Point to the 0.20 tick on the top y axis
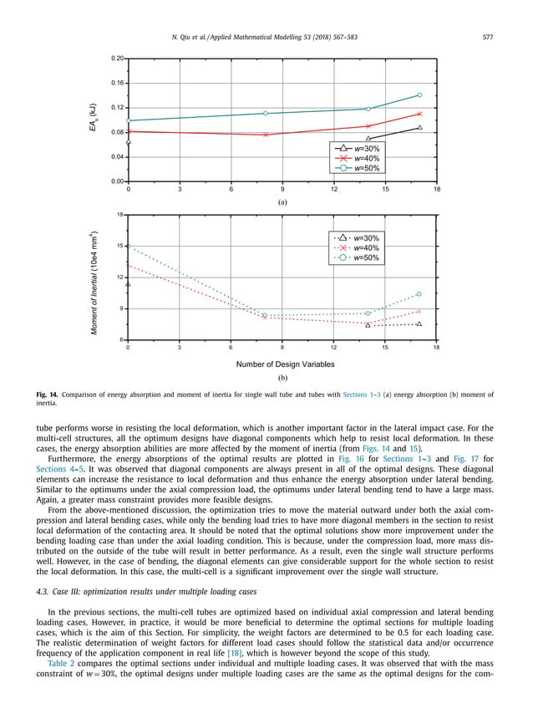tap(119, 59)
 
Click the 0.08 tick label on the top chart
tap(119, 132)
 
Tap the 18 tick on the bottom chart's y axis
tap(121, 215)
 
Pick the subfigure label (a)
tap(282, 201)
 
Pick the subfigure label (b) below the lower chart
tap(282, 379)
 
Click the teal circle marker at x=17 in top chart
tap(419, 95)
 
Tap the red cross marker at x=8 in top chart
tap(266, 135)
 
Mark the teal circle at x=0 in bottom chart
tap(128, 247)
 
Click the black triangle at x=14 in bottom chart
tap(368, 325)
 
